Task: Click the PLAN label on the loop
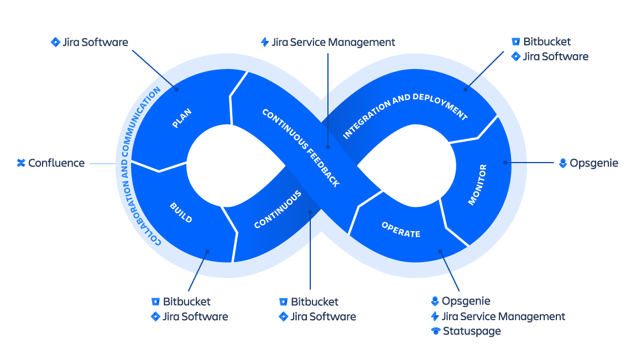click(x=182, y=119)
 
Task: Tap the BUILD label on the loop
click(x=181, y=212)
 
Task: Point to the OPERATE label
click(x=401, y=229)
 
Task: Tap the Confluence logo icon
click(x=21, y=163)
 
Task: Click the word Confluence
click(x=56, y=163)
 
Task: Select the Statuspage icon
click(x=436, y=331)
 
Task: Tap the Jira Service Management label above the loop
click(x=333, y=42)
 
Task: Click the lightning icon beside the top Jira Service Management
click(x=265, y=42)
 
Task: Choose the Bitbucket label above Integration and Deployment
click(x=547, y=41)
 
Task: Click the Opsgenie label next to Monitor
click(x=594, y=163)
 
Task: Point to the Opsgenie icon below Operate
click(x=435, y=301)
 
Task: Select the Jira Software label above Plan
click(x=95, y=42)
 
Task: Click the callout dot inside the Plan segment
click(x=177, y=88)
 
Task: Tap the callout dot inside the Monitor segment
click(x=505, y=163)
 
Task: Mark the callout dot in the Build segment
click(x=207, y=251)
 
